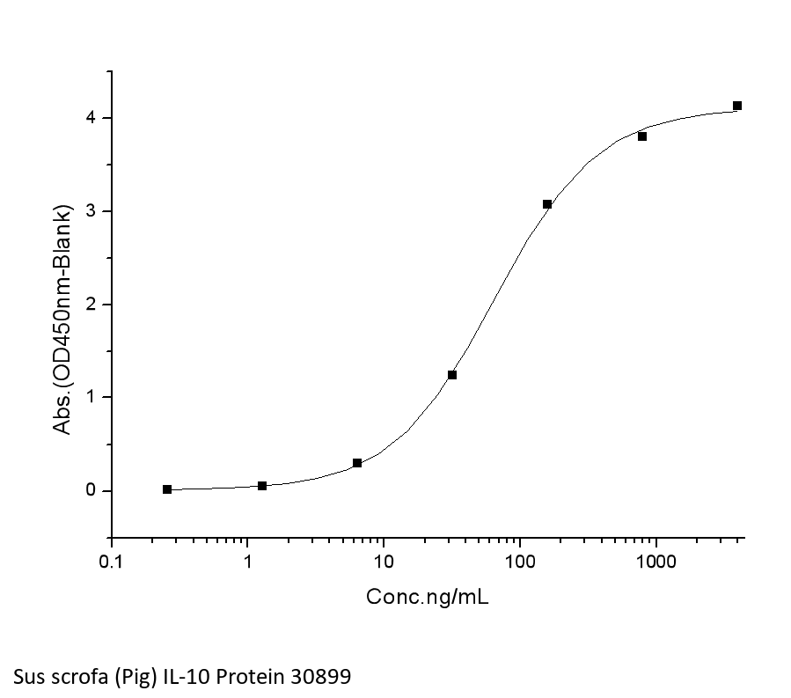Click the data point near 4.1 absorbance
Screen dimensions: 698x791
coord(737,106)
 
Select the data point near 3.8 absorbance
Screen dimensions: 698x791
coord(642,136)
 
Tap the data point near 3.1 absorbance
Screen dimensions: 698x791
coord(547,204)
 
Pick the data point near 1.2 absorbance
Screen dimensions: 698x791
coord(452,375)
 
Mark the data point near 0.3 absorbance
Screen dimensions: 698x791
coord(357,463)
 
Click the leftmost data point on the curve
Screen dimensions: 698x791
coord(167,489)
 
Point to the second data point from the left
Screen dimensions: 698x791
coord(262,486)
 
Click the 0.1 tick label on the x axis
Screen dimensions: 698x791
coord(112,562)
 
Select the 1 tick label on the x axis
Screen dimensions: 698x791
coord(247,562)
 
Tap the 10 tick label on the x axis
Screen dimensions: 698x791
coord(383,562)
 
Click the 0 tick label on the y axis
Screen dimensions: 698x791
coord(91,491)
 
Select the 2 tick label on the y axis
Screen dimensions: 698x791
coord(91,305)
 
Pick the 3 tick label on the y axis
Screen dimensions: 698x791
coord(91,211)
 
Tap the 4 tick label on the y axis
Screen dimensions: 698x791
coord(91,118)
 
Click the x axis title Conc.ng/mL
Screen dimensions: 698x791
coord(428,598)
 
